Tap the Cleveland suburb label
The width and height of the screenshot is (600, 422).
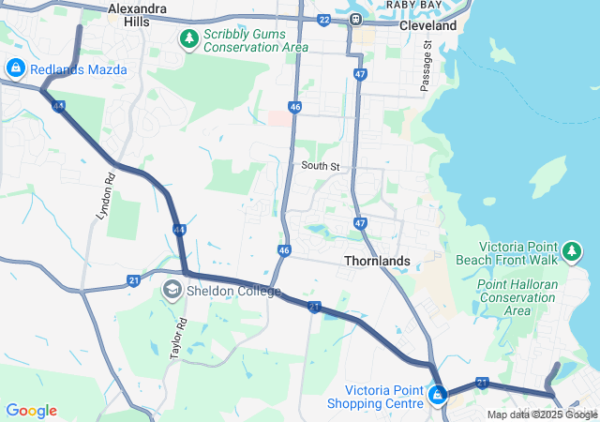(427, 25)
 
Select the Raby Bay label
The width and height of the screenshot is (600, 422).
(413, 4)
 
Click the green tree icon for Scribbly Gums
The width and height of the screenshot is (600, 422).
(188, 39)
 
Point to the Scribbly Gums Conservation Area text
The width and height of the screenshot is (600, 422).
(255, 39)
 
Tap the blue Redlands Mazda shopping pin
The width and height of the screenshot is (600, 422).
(15, 68)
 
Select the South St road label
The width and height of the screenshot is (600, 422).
(319, 166)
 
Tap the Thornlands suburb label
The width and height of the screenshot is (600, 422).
(377, 261)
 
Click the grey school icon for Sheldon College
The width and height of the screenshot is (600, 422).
(172, 291)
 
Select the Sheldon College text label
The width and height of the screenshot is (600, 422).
(233, 292)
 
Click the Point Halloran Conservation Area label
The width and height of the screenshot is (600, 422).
(517, 297)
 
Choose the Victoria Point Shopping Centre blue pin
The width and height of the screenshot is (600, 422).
(437, 397)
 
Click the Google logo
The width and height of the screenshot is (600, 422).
(31, 411)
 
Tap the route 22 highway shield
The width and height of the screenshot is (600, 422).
(324, 20)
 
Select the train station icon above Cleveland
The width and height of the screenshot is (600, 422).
(356, 19)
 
